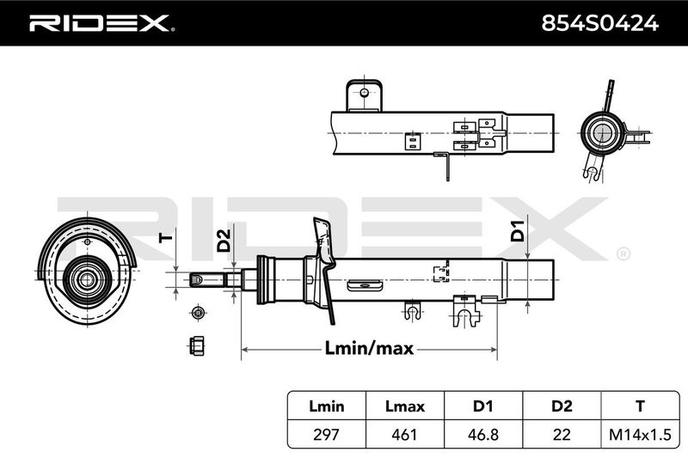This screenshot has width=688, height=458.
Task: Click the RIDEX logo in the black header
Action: click(x=101, y=23)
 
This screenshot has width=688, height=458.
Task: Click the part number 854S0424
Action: click(x=599, y=23)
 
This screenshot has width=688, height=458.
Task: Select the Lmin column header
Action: click(x=327, y=406)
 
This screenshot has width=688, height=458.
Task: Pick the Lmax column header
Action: click(x=404, y=406)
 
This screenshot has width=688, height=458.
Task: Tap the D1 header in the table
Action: click(x=482, y=406)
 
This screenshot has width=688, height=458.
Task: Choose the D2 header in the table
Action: click(x=562, y=406)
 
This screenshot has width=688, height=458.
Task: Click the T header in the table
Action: click(x=640, y=406)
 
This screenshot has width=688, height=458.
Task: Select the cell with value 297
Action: click(x=327, y=434)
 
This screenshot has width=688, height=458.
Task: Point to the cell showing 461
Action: click(x=404, y=434)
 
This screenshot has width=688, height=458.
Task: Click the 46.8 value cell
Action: click(x=482, y=434)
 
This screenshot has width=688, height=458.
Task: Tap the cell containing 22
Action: click(x=562, y=434)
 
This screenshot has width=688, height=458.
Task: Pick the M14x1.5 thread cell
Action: click(x=640, y=434)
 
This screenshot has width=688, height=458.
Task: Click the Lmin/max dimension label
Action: click(x=369, y=348)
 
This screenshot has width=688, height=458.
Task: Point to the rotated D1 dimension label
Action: click(x=519, y=231)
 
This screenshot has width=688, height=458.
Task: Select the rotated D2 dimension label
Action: click(x=224, y=241)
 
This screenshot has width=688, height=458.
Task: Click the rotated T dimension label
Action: click(x=166, y=238)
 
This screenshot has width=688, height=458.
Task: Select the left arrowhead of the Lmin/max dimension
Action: click(x=245, y=350)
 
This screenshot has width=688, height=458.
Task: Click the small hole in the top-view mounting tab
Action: click(x=364, y=93)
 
